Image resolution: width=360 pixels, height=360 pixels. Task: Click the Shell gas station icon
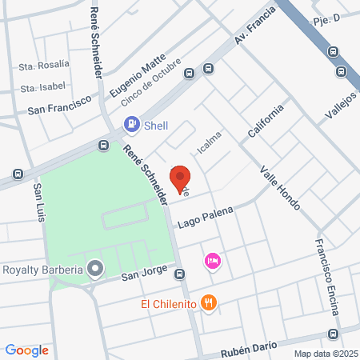pyautogui.click(x=130, y=124)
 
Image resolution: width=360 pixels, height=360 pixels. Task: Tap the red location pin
pyautogui.click(x=180, y=178)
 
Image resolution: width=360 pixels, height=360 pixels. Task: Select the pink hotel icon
pyautogui.click(x=212, y=261)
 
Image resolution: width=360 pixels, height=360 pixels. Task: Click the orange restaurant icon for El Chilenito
pyautogui.click(x=209, y=302)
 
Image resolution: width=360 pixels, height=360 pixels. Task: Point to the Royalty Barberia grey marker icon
pyautogui.click(x=95, y=270)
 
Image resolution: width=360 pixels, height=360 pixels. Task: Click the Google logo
pyautogui.click(x=26, y=350)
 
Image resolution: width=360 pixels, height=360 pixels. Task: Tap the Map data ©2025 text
pyautogui.click(x=326, y=354)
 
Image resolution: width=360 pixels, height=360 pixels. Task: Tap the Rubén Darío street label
pyautogui.click(x=250, y=344)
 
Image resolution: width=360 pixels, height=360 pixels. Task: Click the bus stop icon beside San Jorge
pyautogui.click(x=181, y=274)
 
